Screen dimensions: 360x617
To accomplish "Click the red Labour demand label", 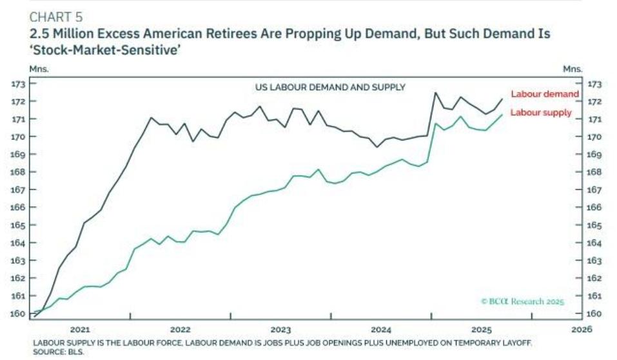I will [x=544, y=94].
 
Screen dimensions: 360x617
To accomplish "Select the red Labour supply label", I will [x=540, y=112].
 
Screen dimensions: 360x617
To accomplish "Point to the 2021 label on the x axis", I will [x=79, y=328].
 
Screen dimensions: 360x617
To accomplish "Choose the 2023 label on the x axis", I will [x=282, y=328].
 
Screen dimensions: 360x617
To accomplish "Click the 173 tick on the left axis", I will [x=19, y=84].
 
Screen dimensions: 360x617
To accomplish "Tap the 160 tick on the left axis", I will [x=19, y=314].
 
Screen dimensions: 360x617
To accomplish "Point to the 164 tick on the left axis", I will [x=19, y=243].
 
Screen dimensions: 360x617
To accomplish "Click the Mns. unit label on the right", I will [x=573, y=68].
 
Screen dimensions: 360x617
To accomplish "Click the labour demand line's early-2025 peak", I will [x=435, y=92].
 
